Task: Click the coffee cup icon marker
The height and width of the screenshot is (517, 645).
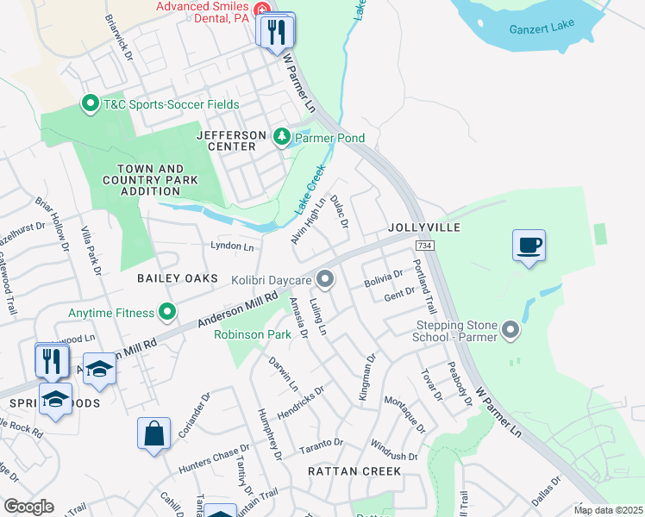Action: point(529,245)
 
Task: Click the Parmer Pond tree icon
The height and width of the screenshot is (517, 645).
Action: point(281,137)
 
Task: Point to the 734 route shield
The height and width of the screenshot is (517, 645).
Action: point(423,246)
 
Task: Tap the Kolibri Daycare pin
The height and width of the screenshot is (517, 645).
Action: point(325,279)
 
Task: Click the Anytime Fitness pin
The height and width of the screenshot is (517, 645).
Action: point(167,312)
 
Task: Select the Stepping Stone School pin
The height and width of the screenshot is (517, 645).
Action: point(510,330)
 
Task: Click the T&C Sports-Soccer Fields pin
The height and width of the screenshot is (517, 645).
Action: point(90,105)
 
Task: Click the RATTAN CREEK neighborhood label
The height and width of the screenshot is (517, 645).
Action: point(354,471)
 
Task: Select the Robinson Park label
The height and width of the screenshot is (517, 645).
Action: point(252,333)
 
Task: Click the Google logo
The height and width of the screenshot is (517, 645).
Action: point(28,507)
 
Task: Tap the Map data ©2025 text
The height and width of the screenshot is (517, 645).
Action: point(607,510)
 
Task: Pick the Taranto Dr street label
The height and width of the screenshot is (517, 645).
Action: point(321,445)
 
